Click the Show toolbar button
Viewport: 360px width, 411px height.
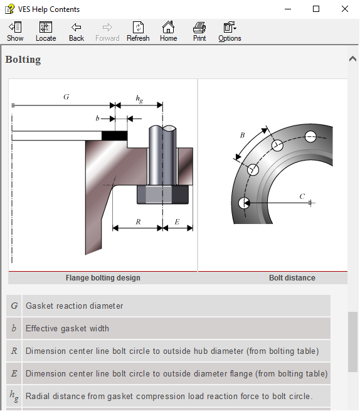(15, 31)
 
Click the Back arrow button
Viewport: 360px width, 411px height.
(77, 31)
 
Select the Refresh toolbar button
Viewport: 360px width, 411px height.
(138, 31)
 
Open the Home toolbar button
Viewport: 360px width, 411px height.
(168, 31)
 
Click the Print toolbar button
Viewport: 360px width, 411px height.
(199, 31)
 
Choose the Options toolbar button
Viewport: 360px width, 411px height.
(230, 31)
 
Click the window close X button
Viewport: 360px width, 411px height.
(344, 9)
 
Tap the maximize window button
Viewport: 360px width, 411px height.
(316, 9)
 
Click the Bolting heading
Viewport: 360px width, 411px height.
(23, 60)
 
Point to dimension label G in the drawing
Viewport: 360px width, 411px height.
(66, 97)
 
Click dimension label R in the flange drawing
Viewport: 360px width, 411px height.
(138, 222)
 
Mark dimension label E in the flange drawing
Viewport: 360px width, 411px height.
(177, 222)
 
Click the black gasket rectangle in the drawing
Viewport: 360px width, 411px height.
(114, 135)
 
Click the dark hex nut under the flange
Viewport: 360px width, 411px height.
(162, 195)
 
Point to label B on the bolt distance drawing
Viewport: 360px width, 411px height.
(243, 134)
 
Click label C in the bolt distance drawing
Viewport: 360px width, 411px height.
(302, 196)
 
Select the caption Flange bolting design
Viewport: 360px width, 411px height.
(103, 277)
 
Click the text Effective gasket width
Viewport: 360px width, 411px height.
(67, 328)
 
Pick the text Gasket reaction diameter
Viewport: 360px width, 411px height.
(74, 306)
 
